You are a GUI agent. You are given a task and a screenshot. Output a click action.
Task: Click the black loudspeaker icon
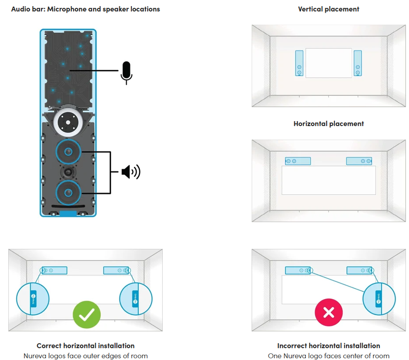131,172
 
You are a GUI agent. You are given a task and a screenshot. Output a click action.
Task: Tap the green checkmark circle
87,314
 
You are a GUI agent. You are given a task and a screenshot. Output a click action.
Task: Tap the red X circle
329,312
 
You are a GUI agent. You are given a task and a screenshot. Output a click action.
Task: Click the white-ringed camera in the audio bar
68,122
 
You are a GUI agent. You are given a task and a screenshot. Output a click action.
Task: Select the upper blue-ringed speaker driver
68,152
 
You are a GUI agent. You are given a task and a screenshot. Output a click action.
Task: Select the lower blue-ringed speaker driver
68,193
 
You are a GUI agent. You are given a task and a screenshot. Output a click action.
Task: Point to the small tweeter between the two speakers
68,172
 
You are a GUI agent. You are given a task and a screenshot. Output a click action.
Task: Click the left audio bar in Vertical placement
299,63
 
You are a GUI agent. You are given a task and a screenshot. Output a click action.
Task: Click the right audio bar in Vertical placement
358,63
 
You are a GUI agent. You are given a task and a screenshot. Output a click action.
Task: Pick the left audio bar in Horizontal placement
298,161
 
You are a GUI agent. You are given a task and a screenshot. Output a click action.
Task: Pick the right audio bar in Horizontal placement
359,161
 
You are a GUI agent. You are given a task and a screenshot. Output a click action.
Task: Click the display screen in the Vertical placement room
329,63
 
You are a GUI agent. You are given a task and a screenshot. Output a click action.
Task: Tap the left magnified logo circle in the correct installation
33,299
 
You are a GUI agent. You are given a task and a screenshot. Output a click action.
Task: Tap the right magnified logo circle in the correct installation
136,299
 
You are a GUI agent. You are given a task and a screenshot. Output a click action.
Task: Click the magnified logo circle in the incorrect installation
379,299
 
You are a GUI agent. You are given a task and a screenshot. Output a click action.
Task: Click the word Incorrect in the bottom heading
292,346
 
